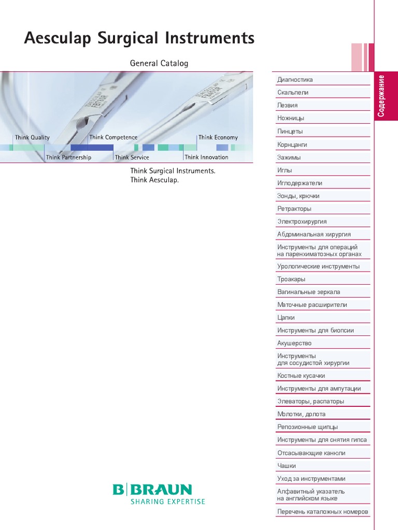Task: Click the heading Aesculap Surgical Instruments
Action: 139,39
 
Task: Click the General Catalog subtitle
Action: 159,64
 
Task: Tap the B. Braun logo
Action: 152,490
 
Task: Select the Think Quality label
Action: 32,138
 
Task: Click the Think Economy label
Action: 218,138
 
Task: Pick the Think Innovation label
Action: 206,157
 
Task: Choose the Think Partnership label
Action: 68,157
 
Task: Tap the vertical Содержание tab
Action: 381,96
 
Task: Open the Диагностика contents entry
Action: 295,80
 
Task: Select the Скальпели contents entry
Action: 293,93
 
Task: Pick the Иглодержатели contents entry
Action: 300,183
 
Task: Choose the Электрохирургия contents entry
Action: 302,222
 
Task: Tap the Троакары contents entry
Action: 291,279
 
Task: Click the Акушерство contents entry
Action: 294,343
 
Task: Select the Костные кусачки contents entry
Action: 301,376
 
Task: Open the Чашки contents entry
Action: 287,466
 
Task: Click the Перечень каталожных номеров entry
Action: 322,512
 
